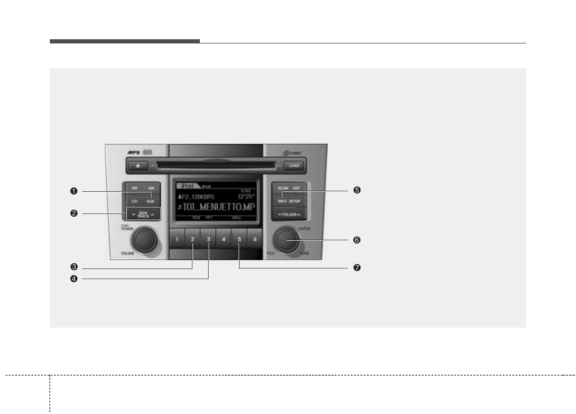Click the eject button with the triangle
138,165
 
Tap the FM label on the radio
134,189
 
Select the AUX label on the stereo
150,201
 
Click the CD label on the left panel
134,201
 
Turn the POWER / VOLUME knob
144,239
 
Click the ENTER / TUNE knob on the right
286,240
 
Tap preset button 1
177,239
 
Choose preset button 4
224,239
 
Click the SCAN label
282,189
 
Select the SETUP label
295,201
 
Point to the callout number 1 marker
73,191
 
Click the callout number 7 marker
356,268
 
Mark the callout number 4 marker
73,278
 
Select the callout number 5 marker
356,190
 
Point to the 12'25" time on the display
246,196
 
